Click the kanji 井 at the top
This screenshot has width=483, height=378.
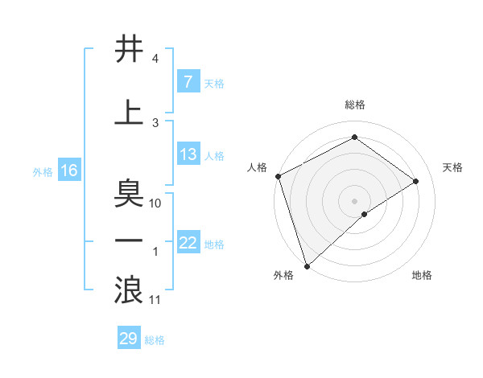click(x=130, y=50)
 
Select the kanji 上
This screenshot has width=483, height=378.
click(x=130, y=111)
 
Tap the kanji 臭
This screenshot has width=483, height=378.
click(x=130, y=193)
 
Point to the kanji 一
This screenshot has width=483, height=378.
click(x=130, y=241)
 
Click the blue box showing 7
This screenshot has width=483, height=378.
click(x=188, y=82)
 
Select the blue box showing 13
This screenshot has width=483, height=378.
click(x=188, y=155)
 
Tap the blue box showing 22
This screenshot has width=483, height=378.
click(x=188, y=243)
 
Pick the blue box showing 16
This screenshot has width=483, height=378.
click(x=68, y=171)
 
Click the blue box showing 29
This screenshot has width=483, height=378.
click(x=129, y=339)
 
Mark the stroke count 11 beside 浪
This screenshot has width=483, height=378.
click(x=155, y=300)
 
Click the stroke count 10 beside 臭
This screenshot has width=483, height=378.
click(x=155, y=203)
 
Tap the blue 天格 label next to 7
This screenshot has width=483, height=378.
click(x=214, y=83)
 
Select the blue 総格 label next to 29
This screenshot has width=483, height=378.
click(x=155, y=339)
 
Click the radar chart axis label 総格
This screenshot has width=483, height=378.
click(x=354, y=105)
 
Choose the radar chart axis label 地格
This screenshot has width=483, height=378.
click(x=422, y=275)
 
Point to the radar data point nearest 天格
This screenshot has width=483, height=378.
click(x=416, y=181)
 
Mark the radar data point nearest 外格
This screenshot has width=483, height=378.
click(x=307, y=265)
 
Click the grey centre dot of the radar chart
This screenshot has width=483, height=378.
click(x=354, y=200)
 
